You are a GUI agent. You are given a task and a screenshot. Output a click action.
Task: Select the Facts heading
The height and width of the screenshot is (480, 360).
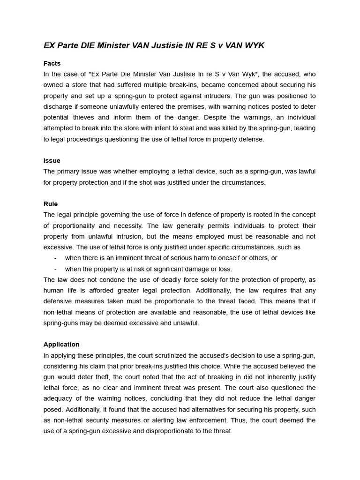pyautogui.click(x=52, y=63)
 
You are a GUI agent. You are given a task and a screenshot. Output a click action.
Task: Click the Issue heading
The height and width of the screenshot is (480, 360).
pyautogui.click(x=52, y=161)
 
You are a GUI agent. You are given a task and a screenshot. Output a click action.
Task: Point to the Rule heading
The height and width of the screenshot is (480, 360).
pyautogui.click(x=51, y=204)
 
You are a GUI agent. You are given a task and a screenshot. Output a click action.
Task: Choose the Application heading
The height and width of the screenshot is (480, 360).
pyautogui.click(x=61, y=345)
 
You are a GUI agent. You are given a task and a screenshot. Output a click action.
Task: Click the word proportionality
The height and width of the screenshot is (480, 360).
pyautogui.click(x=75, y=225)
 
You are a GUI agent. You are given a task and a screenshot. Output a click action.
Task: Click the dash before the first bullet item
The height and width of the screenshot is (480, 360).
pyautogui.click(x=56, y=258)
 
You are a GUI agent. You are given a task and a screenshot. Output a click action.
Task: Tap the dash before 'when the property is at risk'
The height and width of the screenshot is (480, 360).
pyautogui.click(x=56, y=269)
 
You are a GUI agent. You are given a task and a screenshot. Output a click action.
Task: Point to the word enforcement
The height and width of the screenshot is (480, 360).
pyautogui.click(x=234, y=420)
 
